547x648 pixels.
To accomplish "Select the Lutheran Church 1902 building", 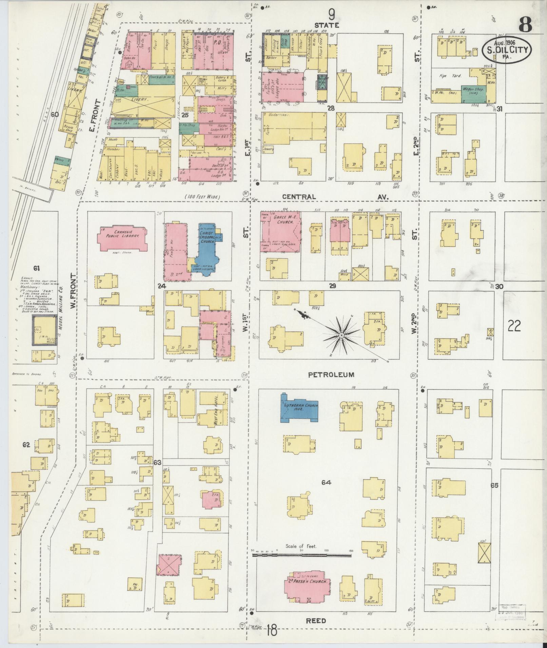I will (x=298, y=408).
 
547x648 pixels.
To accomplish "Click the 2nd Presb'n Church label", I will (x=307, y=581).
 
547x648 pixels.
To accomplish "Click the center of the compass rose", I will (x=341, y=335).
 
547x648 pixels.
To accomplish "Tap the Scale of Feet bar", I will (x=302, y=556).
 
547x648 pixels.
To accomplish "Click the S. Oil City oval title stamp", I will (x=507, y=50).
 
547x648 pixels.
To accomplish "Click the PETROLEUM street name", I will (x=331, y=375).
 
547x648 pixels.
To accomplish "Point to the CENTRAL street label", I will (x=299, y=197).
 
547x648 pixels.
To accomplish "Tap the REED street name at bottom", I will (x=316, y=621).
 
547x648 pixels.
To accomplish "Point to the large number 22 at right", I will (x=514, y=326).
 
